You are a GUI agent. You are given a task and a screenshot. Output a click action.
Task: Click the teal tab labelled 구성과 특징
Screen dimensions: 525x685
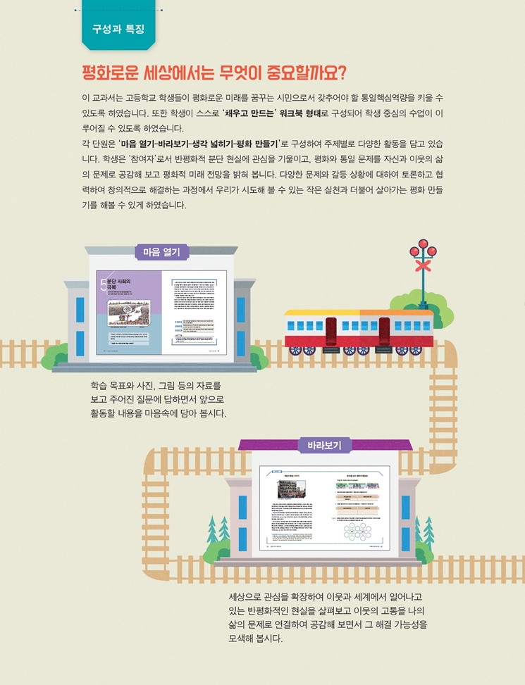[x=118, y=29]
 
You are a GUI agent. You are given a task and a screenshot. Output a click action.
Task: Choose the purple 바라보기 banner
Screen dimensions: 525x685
[x=324, y=445]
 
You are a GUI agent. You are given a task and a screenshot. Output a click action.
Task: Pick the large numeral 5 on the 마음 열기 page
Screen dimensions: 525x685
[x=104, y=284]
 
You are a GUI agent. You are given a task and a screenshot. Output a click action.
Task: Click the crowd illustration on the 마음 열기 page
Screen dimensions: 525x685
[x=131, y=310]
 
